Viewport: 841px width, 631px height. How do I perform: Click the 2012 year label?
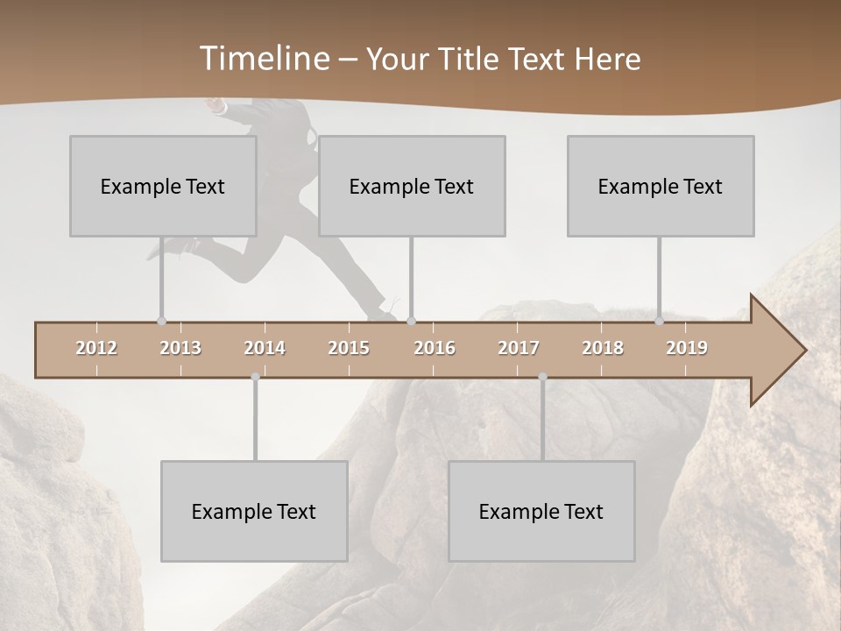click(96, 348)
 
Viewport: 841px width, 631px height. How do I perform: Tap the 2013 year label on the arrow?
click(180, 348)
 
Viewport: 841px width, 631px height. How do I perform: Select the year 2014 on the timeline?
click(265, 348)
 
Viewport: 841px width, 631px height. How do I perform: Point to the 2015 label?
click(349, 348)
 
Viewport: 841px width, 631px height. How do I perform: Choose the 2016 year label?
click(435, 348)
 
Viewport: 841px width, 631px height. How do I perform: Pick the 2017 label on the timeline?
click(519, 348)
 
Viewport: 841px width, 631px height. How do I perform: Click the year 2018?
click(603, 348)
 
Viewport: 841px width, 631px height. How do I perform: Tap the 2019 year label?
click(687, 348)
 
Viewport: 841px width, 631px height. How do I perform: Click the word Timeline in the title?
click(263, 59)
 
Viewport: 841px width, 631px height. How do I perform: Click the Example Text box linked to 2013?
click(163, 186)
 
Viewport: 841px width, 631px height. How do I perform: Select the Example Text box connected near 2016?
click(412, 186)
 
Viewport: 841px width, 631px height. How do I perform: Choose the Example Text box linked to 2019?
click(661, 186)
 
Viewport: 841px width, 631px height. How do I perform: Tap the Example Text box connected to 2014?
click(254, 511)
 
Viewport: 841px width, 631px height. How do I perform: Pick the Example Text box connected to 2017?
click(541, 511)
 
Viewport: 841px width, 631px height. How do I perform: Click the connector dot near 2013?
click(161, 321)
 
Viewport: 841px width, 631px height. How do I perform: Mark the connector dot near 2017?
click(542, 377)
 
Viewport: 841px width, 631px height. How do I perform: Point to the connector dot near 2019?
click(659, 321)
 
